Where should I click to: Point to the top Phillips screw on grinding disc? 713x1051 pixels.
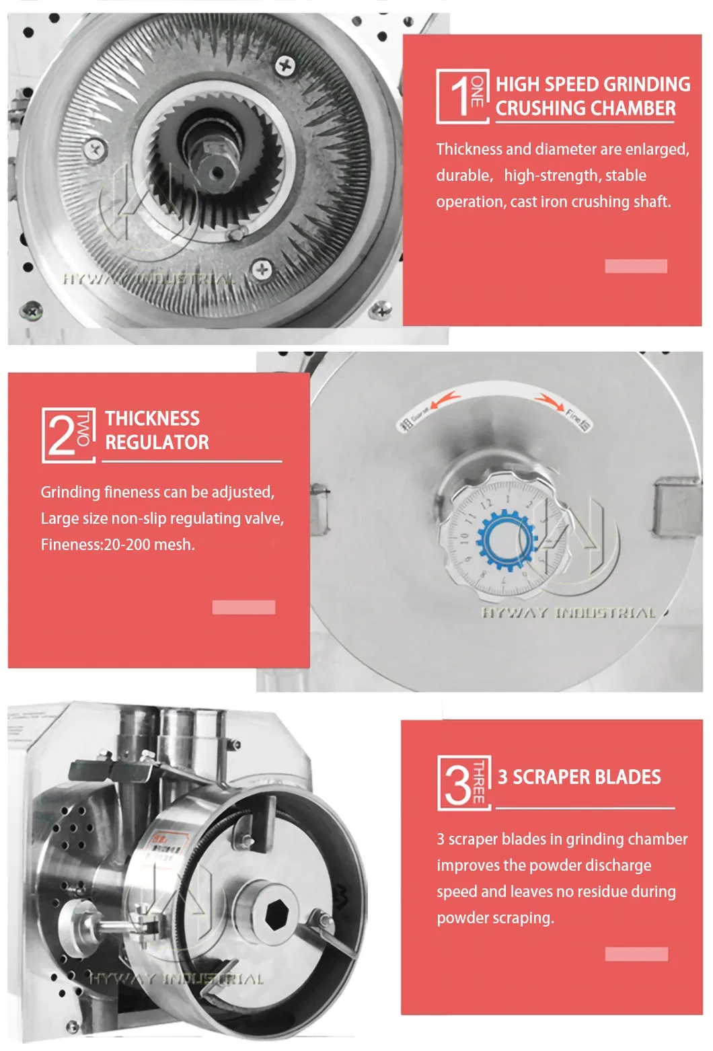285,65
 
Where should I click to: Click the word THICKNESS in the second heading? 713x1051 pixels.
152,418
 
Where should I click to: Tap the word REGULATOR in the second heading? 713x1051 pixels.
157,442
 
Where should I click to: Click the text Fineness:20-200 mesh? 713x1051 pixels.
118,545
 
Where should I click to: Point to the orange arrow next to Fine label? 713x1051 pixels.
549,402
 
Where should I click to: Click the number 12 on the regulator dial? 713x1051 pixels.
486,502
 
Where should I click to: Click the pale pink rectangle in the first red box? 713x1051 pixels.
636,266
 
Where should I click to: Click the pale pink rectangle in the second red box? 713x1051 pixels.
243,607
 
